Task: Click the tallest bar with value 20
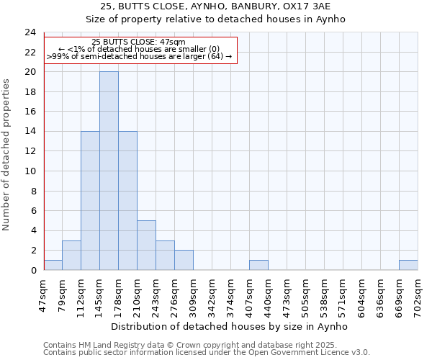(109, 171)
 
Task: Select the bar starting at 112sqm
(90, 200)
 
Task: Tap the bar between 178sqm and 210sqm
(127, 200)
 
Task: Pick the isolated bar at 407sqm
(258, 265)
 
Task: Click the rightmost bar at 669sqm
(408, 265)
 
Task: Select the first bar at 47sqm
(53, 265)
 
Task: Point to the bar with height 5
(146, 245)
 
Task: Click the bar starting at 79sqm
(71, 255)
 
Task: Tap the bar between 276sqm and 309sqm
(184, 260)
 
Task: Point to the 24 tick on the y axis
(30, 32)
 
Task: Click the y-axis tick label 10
(30, 171)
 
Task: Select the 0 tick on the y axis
(33, 270)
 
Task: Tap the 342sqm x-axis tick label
(212, 294)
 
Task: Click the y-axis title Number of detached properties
(7, 155)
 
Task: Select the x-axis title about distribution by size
(230, 326)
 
